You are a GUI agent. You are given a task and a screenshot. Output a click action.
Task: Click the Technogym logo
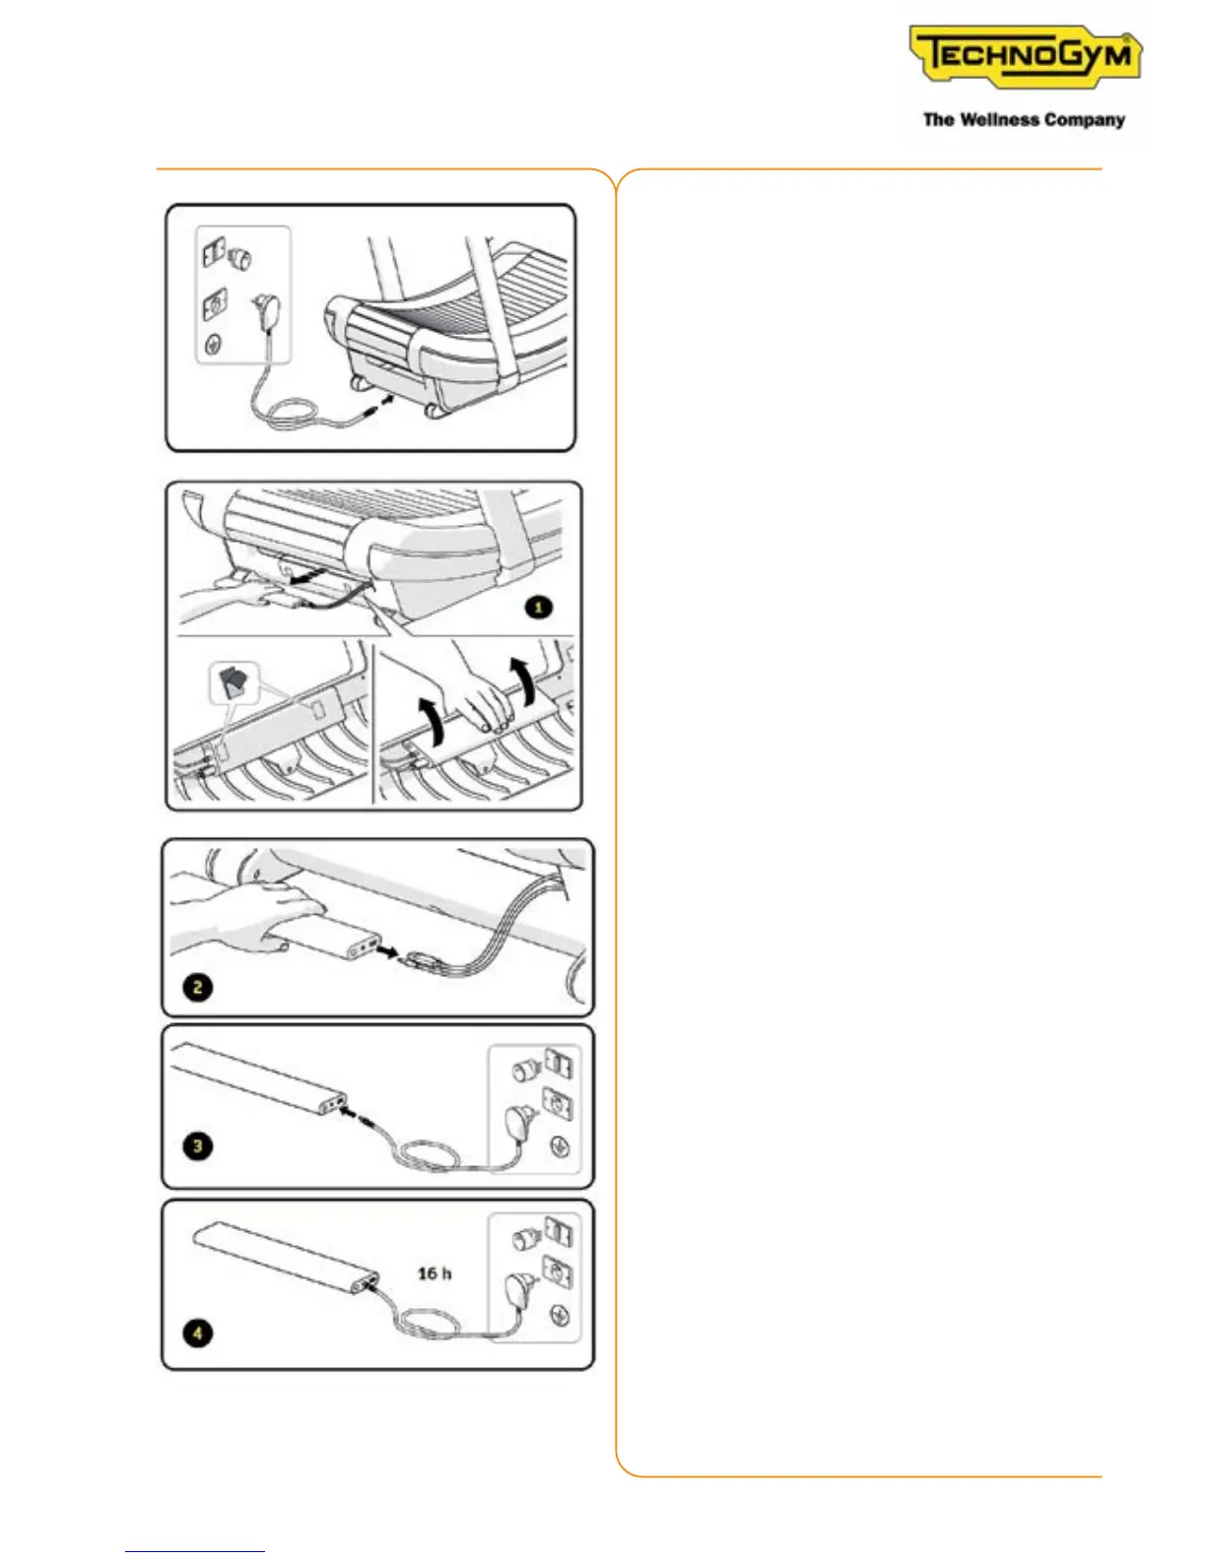click(1025, 57)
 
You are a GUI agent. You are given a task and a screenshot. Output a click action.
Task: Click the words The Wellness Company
click(1024, 120)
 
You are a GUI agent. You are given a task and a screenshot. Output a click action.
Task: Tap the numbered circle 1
click(538, 608)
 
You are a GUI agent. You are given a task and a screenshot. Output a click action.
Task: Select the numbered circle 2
click(198, 987)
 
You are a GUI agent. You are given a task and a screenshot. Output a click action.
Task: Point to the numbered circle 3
click(198, 1145)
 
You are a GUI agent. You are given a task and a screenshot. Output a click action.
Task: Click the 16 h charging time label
click(435, 1273)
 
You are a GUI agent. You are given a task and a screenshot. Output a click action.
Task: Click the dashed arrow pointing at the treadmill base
click(380, 405)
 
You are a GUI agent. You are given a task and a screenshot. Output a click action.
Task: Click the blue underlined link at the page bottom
click(195, 1551)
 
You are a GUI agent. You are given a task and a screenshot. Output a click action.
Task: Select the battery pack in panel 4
click(286, 1256)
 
